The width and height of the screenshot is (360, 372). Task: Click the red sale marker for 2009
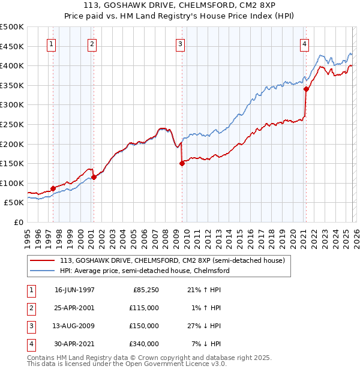click(x=182, y=163)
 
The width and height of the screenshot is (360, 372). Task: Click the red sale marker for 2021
click(x=305, y=89)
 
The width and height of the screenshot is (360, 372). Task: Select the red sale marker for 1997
click(x=53, y=188)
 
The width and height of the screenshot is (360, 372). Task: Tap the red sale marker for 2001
click(x=94, y=177)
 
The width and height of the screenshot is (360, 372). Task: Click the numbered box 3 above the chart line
click(x=180, y=43)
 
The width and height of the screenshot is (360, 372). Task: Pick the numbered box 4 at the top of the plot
click(x=305, y=43)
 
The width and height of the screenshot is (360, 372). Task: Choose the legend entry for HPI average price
click(x=145, y=271)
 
